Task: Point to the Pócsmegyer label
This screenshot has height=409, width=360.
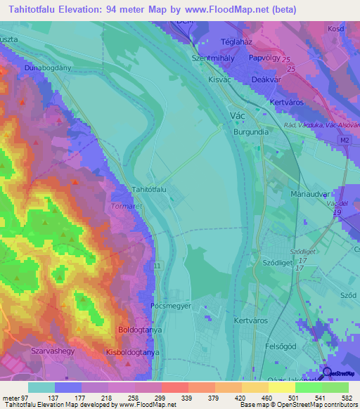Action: [171, 307]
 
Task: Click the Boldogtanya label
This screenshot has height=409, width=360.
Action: [141, 329]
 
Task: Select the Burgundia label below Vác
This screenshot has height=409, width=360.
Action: [252, 131]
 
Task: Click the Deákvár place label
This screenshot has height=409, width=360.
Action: [266, 80]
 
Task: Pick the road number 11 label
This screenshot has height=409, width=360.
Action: [157, 266]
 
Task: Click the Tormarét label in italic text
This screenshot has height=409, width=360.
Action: [127, 207]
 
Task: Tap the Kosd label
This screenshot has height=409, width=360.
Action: [335, 28]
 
